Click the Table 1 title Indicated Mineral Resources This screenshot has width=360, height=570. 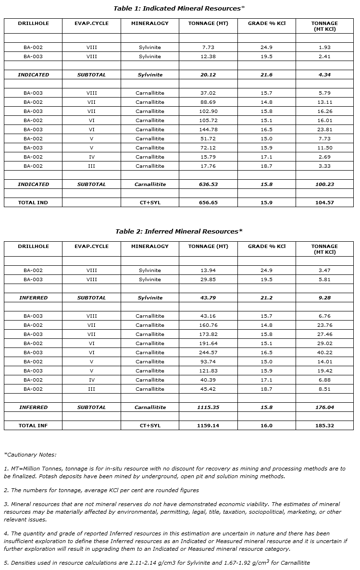pos(179,8)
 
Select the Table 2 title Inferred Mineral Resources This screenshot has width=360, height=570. pos(179,231)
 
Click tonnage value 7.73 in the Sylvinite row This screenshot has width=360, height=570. pos(208,48)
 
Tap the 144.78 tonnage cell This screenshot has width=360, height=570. pos(208,130)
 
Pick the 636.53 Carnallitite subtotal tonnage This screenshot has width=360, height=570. pos(208,185)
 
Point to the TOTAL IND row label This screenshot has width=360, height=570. pos(33,203)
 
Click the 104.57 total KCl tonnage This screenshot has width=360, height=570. pos(324,203)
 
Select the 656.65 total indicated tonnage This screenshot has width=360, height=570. pos(208,203)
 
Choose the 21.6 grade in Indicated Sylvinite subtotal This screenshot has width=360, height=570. pos(266,75)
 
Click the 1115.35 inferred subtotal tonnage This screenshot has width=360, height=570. pos(208,408)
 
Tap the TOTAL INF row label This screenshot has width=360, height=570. pos(33,426)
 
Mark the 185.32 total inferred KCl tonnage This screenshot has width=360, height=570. pos(324,426)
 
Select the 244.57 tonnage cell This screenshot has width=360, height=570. pos(208,353)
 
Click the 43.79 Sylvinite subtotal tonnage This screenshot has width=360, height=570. pos(208,298)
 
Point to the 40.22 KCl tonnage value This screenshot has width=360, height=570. pos(324,353)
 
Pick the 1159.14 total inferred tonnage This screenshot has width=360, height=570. pos(208,426)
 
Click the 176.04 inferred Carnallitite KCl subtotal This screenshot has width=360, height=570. pos(324,408)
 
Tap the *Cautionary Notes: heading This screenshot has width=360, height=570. pos(30,454)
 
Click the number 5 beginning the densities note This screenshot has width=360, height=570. pos(5,563)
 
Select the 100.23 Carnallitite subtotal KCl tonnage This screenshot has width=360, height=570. pos(324,185)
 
